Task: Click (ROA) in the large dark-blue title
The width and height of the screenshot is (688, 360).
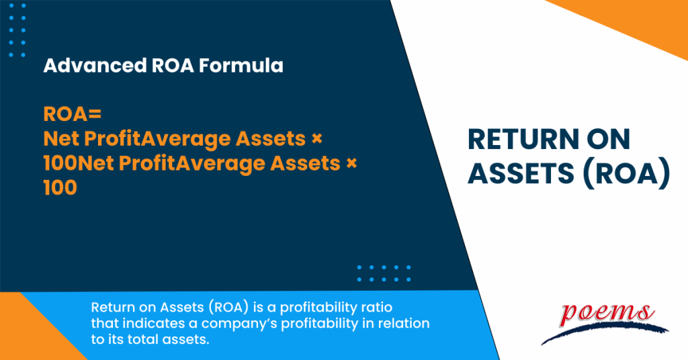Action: (x=628, y=174)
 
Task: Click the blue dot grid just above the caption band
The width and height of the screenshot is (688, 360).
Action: (x=384, y=273)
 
